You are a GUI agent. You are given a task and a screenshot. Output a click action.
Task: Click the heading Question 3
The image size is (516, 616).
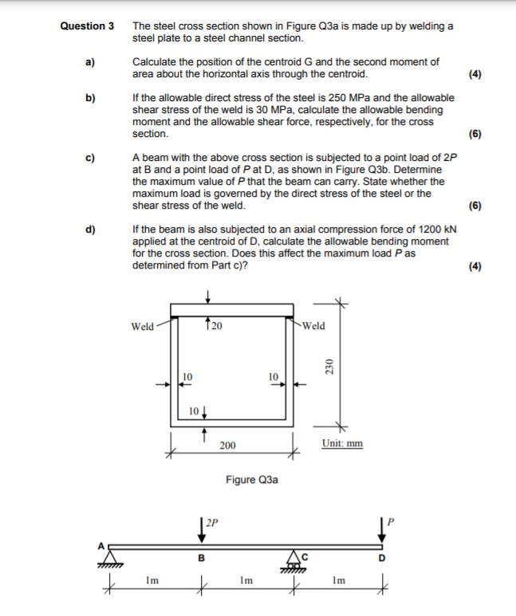coord(87,26)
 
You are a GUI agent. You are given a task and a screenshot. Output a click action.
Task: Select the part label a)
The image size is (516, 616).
coord(90,62)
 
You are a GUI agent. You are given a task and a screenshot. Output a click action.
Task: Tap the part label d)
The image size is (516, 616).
coord(90,230)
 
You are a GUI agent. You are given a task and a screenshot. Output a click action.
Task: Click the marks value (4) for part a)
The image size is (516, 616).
coord(475,74)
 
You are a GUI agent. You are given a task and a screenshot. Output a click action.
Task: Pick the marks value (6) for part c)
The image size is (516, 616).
coord(475,205)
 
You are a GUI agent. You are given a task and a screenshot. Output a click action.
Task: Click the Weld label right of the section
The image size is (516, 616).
coord(313,325)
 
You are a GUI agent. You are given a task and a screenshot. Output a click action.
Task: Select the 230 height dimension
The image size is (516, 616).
coord(327,366)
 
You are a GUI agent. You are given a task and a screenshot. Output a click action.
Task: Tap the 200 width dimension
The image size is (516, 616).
coord(227,445)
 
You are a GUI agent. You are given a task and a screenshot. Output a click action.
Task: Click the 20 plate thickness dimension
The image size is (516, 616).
coord(216,325)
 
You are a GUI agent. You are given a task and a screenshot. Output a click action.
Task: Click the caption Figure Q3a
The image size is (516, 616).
coord(251,480)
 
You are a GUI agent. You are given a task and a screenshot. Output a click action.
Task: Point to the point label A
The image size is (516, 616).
coord(100,545)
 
